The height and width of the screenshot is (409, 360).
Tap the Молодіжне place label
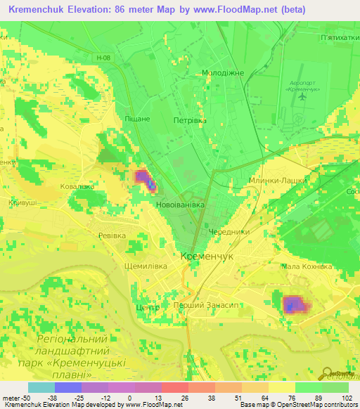(223, 72)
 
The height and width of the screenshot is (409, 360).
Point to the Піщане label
(137, 119)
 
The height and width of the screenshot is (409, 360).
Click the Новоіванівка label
(180, 204)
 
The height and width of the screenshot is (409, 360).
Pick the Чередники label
(229, 231)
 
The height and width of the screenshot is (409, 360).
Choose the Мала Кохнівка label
(306, 267)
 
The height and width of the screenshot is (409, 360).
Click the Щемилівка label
(145, 266)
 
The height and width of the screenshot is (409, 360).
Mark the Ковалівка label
(77, 186)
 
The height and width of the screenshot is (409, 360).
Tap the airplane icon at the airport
(304, 98)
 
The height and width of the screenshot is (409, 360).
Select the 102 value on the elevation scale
(348, 396)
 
